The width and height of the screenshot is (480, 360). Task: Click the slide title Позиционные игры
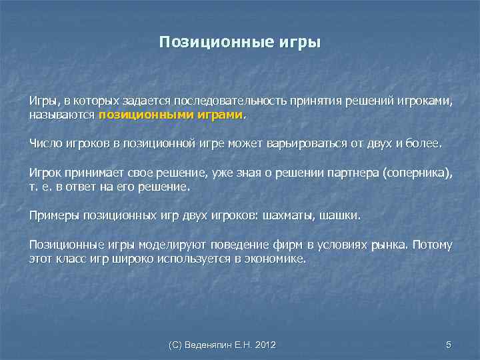coord(240,43)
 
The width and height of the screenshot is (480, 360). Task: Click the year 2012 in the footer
coord(265,345)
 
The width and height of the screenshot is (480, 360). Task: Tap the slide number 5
coord(448,345)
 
